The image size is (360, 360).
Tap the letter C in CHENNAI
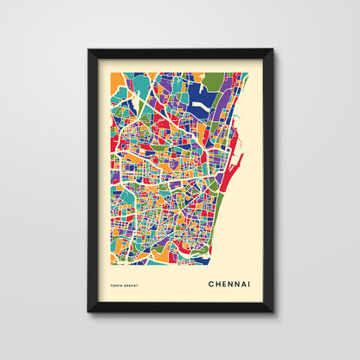click(210, 282)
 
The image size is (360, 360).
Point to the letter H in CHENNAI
click(216, 282)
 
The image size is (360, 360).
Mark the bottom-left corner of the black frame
click(88, 312)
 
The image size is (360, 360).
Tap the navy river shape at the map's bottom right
click(197, 258)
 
